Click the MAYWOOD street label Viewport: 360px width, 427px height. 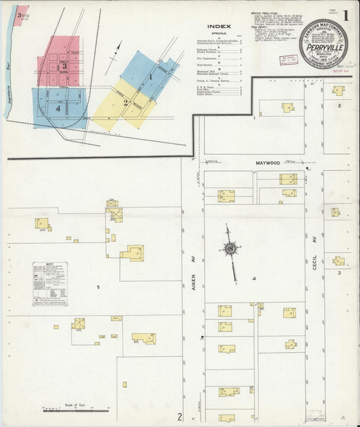coord(249,163)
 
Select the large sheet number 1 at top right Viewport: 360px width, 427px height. coord(345,15)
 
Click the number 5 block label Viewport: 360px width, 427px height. coord(98,287)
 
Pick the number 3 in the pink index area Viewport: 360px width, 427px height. coord(63,66)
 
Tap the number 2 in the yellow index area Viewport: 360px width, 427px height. coord(126,103)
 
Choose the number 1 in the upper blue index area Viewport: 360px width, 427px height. coord(150,77)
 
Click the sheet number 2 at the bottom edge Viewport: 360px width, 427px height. coord(179,416)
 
